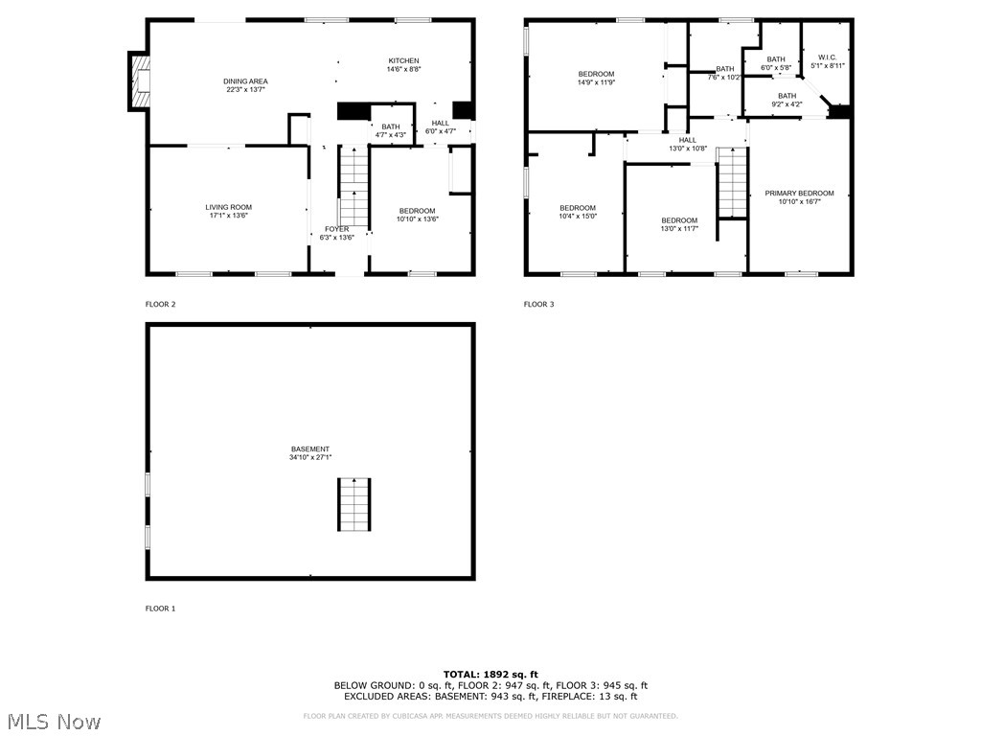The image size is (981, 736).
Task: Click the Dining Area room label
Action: coord(246,85)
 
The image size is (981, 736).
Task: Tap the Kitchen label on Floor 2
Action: coord(403,64)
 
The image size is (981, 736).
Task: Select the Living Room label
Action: coord(228,211)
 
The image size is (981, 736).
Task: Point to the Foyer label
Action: coord(336,233)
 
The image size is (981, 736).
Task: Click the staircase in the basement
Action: coord(354,503)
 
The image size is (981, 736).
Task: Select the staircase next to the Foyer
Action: coord(354,187)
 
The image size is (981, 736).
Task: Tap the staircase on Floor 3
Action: coord(732,183)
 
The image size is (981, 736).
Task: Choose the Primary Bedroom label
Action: coord(799,197)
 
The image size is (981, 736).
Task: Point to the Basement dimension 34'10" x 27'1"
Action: coord(310,458)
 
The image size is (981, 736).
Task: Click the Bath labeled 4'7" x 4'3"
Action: coord(391,130)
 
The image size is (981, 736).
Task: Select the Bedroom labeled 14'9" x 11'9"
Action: coord(596,79)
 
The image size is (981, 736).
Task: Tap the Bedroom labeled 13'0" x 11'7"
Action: coord(679,224)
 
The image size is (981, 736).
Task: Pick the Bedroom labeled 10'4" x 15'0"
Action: coord(578,212)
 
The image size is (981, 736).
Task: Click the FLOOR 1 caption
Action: coord(160,609)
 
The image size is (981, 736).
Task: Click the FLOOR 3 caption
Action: coord(538,305)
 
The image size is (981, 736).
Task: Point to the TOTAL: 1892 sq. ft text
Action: coord(490,675)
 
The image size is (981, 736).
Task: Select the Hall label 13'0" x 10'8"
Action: coord(687,144)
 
